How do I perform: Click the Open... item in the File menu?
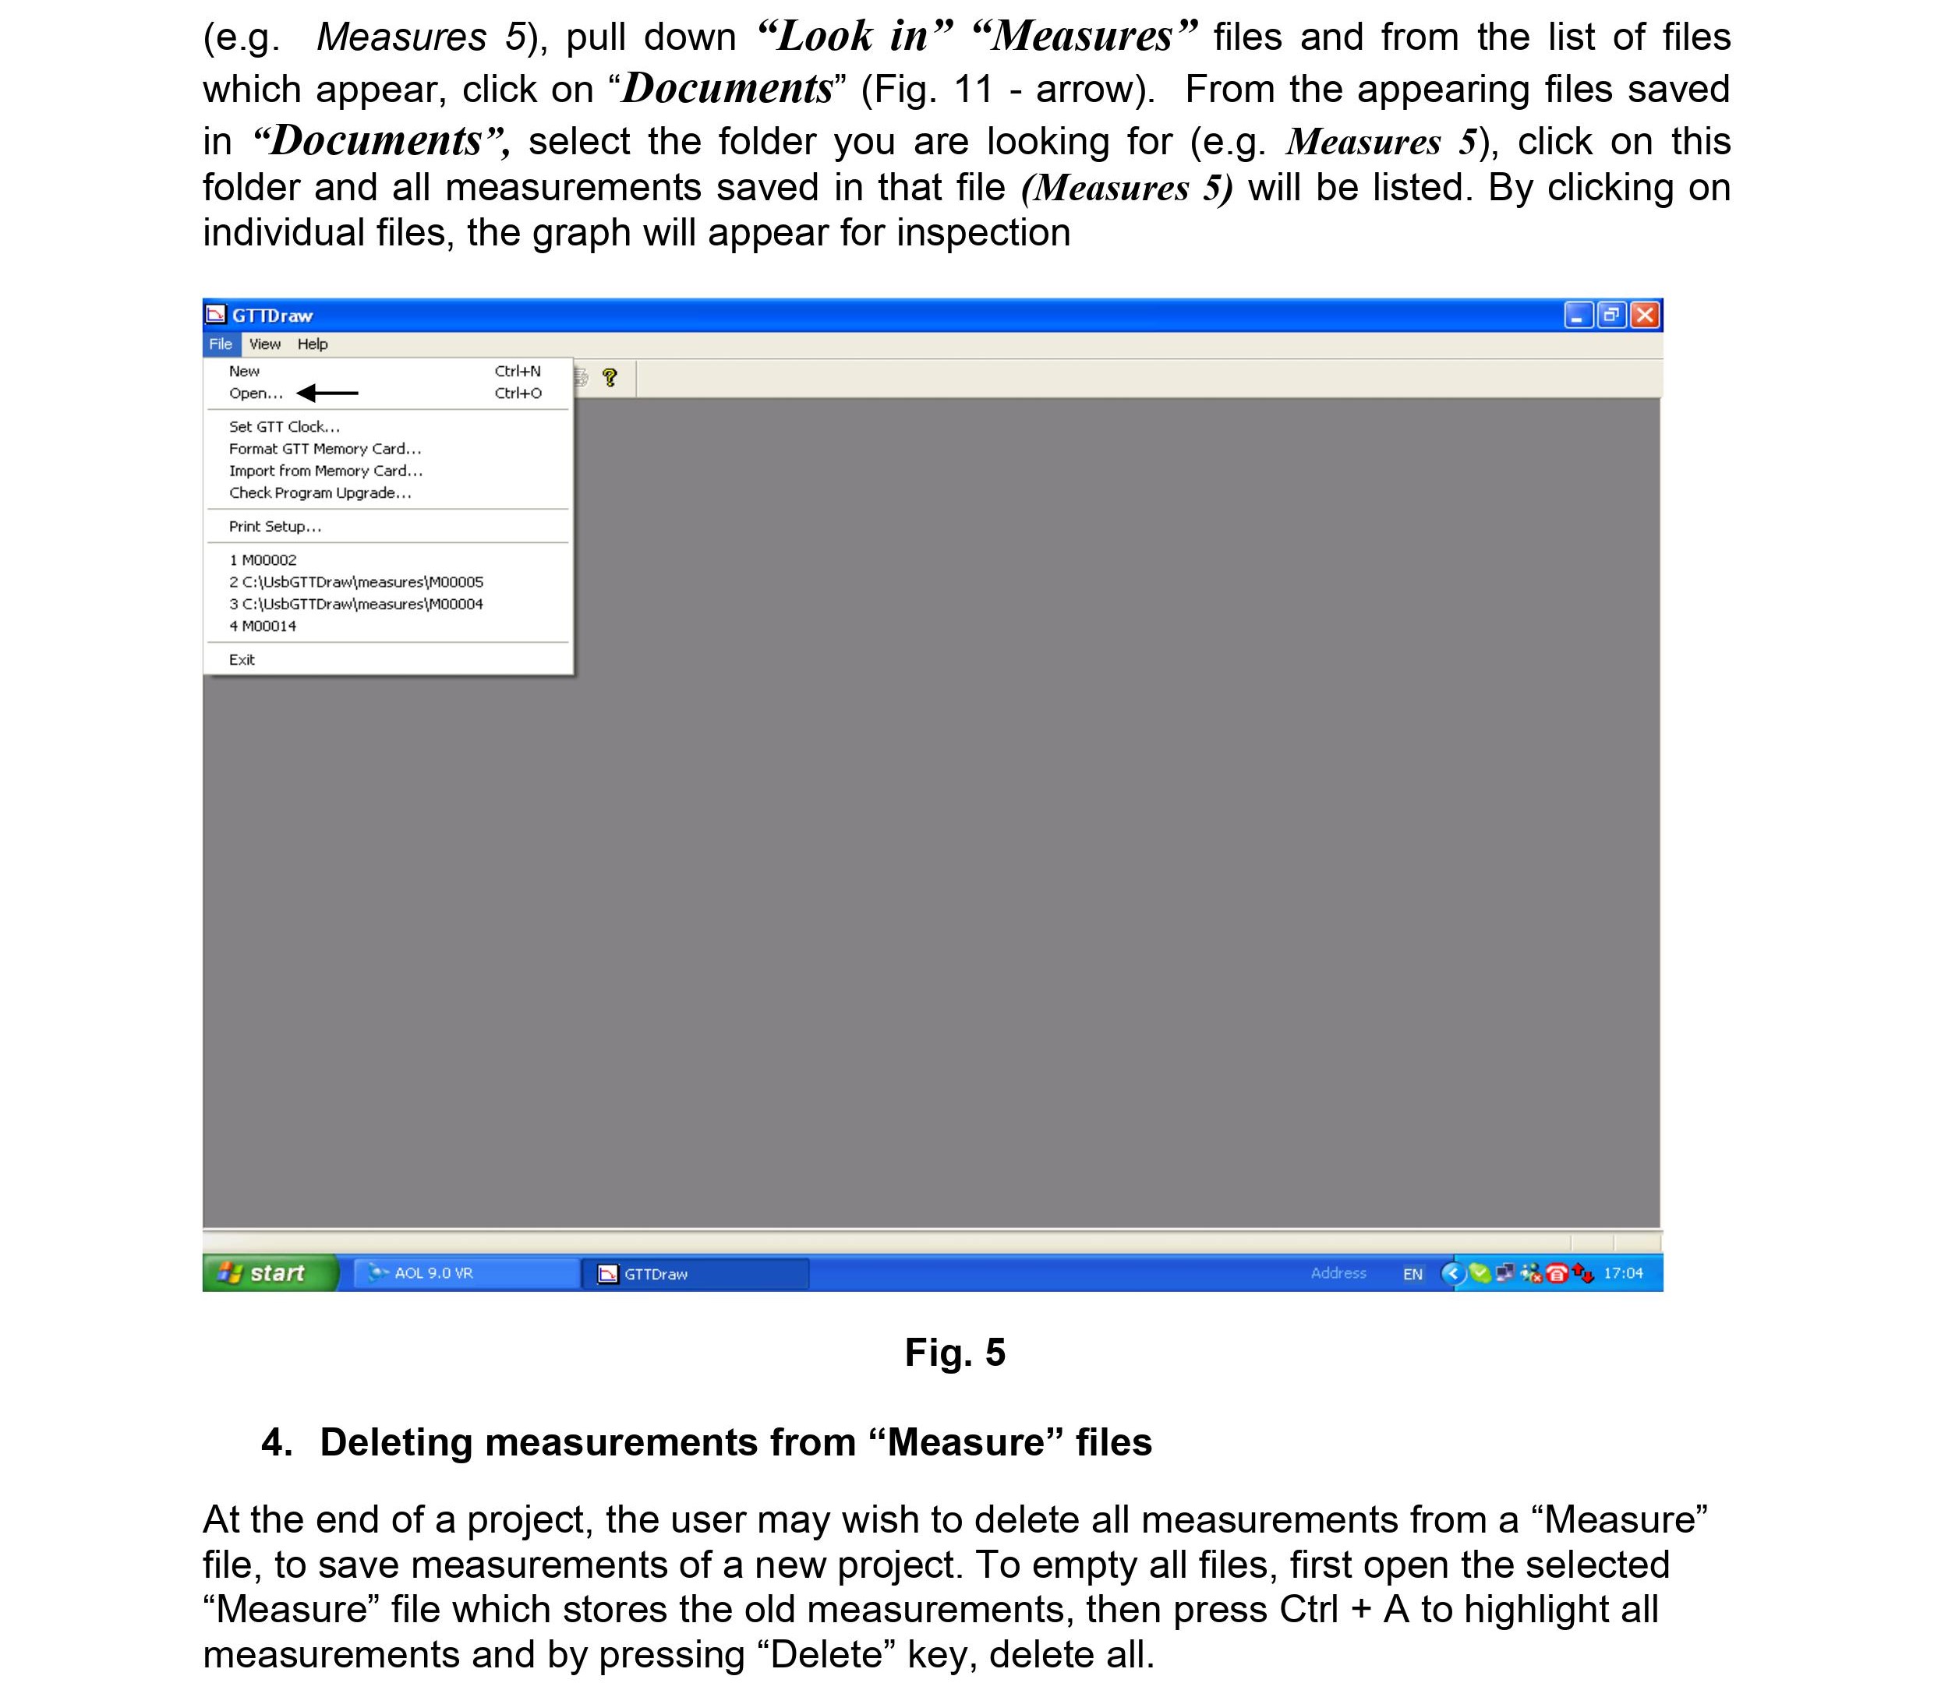tap(256, 393)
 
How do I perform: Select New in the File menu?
tap(244, 372)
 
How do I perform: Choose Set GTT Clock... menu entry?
tap(284, 427)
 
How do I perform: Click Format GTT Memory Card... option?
tap(324, 449)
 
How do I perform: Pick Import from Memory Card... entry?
tap(326, 471)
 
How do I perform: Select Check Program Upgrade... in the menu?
tap(320, 493)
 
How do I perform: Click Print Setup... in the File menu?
tap(274, 526)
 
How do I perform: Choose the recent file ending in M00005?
tap(355, 582)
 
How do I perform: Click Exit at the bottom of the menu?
tap(242, 660)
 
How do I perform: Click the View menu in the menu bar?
tap(264, 344)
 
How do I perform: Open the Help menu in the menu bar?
tap(313, 344)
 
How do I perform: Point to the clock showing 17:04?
tap(1623, 1273)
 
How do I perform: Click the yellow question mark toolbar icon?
tap(610, 378)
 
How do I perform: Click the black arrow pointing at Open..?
tap(327, 393)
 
